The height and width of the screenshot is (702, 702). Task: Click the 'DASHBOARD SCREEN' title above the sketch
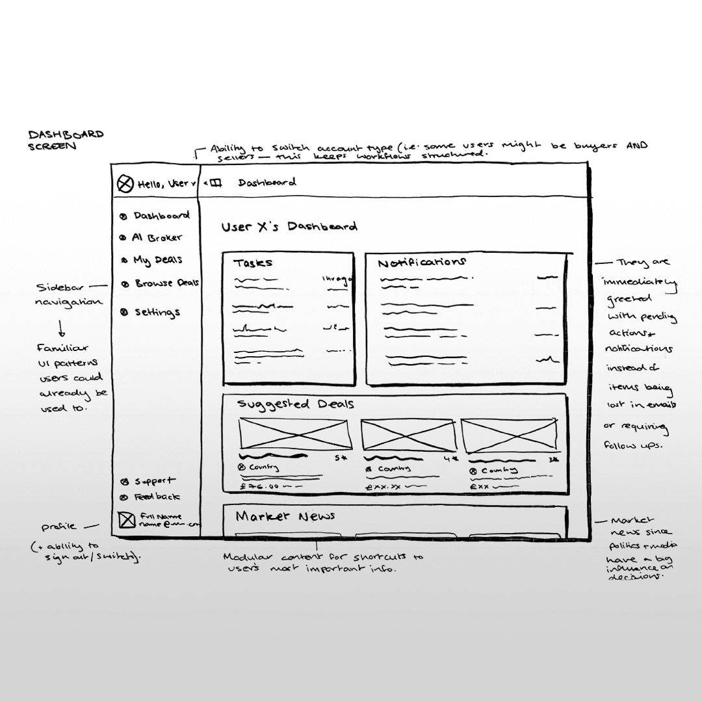65,140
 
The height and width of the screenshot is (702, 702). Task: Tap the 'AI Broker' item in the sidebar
157,238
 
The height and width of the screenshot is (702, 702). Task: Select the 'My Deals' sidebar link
157,260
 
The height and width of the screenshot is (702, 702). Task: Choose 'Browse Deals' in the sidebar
166,283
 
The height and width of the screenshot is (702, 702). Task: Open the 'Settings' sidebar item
157,312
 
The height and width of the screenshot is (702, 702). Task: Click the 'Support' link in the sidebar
154,482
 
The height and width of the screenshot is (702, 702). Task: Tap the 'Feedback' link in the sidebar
157,497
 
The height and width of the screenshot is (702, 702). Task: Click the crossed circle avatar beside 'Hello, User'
125,185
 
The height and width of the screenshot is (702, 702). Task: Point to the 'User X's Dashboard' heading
289,227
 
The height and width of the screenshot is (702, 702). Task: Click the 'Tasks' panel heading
253,263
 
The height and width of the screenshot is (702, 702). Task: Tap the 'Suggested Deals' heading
296,404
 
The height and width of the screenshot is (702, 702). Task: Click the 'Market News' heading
285,516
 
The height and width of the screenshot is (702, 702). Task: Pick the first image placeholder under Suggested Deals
295,433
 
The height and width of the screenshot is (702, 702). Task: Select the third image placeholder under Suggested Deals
509,434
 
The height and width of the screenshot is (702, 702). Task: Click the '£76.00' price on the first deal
259,486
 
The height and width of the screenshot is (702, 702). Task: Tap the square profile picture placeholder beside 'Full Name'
126,520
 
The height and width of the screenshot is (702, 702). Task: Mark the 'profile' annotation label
58,526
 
